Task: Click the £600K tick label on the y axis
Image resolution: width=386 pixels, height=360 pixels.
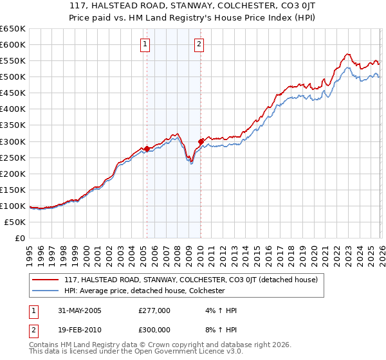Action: click(13, 44)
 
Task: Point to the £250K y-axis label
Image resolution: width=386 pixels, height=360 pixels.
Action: click(13, 157)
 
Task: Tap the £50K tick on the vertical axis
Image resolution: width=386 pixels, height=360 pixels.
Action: click(15, 222)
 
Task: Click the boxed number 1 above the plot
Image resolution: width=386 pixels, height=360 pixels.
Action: click(146, 44)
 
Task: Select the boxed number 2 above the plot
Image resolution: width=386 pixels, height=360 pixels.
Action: click(199, 44)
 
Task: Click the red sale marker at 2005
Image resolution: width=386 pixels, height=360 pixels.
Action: click(147, 148)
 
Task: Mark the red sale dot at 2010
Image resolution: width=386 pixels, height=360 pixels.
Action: click(201, 141)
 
